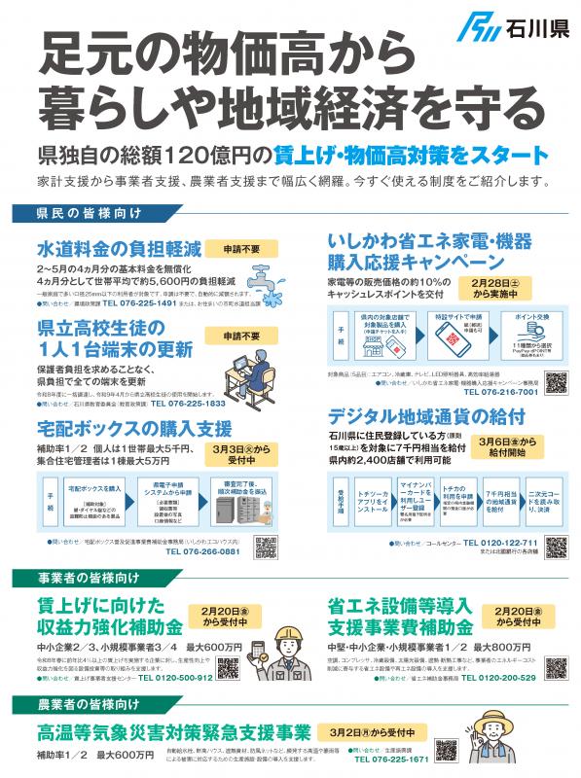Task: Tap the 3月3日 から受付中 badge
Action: coord(246,457)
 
